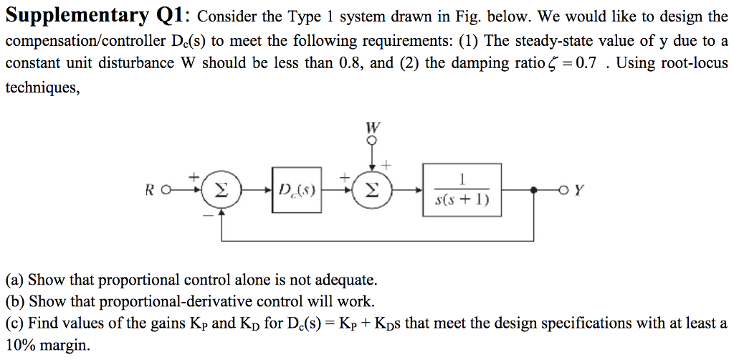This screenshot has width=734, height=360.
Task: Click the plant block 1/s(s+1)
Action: [x=462, y=191]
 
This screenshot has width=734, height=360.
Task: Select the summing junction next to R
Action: [x=221, y=191]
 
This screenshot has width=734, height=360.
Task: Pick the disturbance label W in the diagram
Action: [x=372, y=128]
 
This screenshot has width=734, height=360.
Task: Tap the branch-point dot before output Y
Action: [x=533, y=191]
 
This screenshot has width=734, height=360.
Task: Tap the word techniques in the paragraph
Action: [x=42, y=87]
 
